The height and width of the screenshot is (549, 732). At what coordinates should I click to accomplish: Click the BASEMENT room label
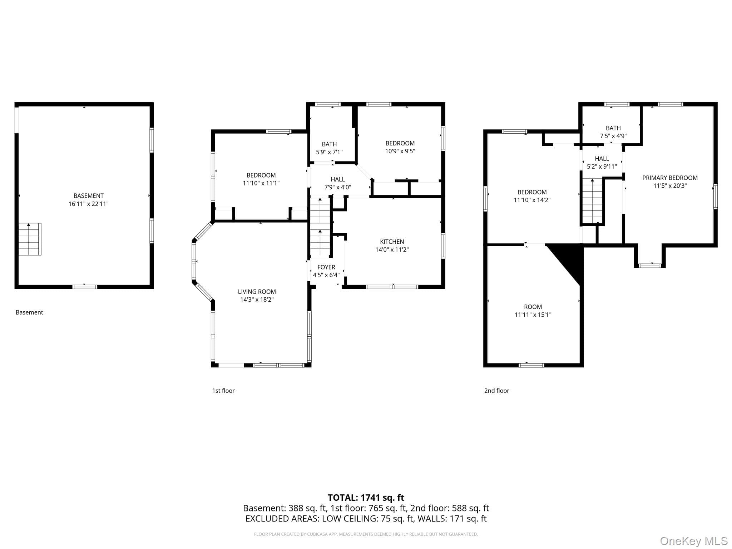pos(88,196)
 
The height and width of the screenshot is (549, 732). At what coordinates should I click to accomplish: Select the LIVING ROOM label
pos(257,292)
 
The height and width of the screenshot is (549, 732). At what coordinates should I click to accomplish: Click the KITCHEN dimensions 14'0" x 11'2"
pos(392,250)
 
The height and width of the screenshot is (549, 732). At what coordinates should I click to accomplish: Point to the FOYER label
pos(326,267)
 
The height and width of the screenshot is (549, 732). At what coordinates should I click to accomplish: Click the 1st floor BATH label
pos(329,144)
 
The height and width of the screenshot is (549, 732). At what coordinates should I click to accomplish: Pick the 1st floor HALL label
pos(338,179)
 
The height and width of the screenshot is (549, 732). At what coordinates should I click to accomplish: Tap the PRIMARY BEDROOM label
pos(670,178)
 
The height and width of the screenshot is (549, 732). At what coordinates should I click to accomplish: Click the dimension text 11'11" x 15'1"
pos(533,315)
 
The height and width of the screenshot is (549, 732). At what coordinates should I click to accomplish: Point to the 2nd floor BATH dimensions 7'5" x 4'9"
pos(613,136)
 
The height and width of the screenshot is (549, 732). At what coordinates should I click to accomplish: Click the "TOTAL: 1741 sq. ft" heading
pos(366,498)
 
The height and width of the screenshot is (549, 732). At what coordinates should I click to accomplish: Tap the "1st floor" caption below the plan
pos(223,391)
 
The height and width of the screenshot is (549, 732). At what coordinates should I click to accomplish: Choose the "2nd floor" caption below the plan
pos(497,391)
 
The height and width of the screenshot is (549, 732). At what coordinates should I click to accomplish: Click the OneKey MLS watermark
pos(694,541)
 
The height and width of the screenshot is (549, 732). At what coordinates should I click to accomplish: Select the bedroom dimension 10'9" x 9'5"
pos(400,151)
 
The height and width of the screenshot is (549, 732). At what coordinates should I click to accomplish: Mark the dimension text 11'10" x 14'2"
pos(532,200)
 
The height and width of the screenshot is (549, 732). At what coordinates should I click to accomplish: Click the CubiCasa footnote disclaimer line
pos(366,534)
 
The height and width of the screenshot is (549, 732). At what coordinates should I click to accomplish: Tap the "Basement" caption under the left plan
pos(29,312)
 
